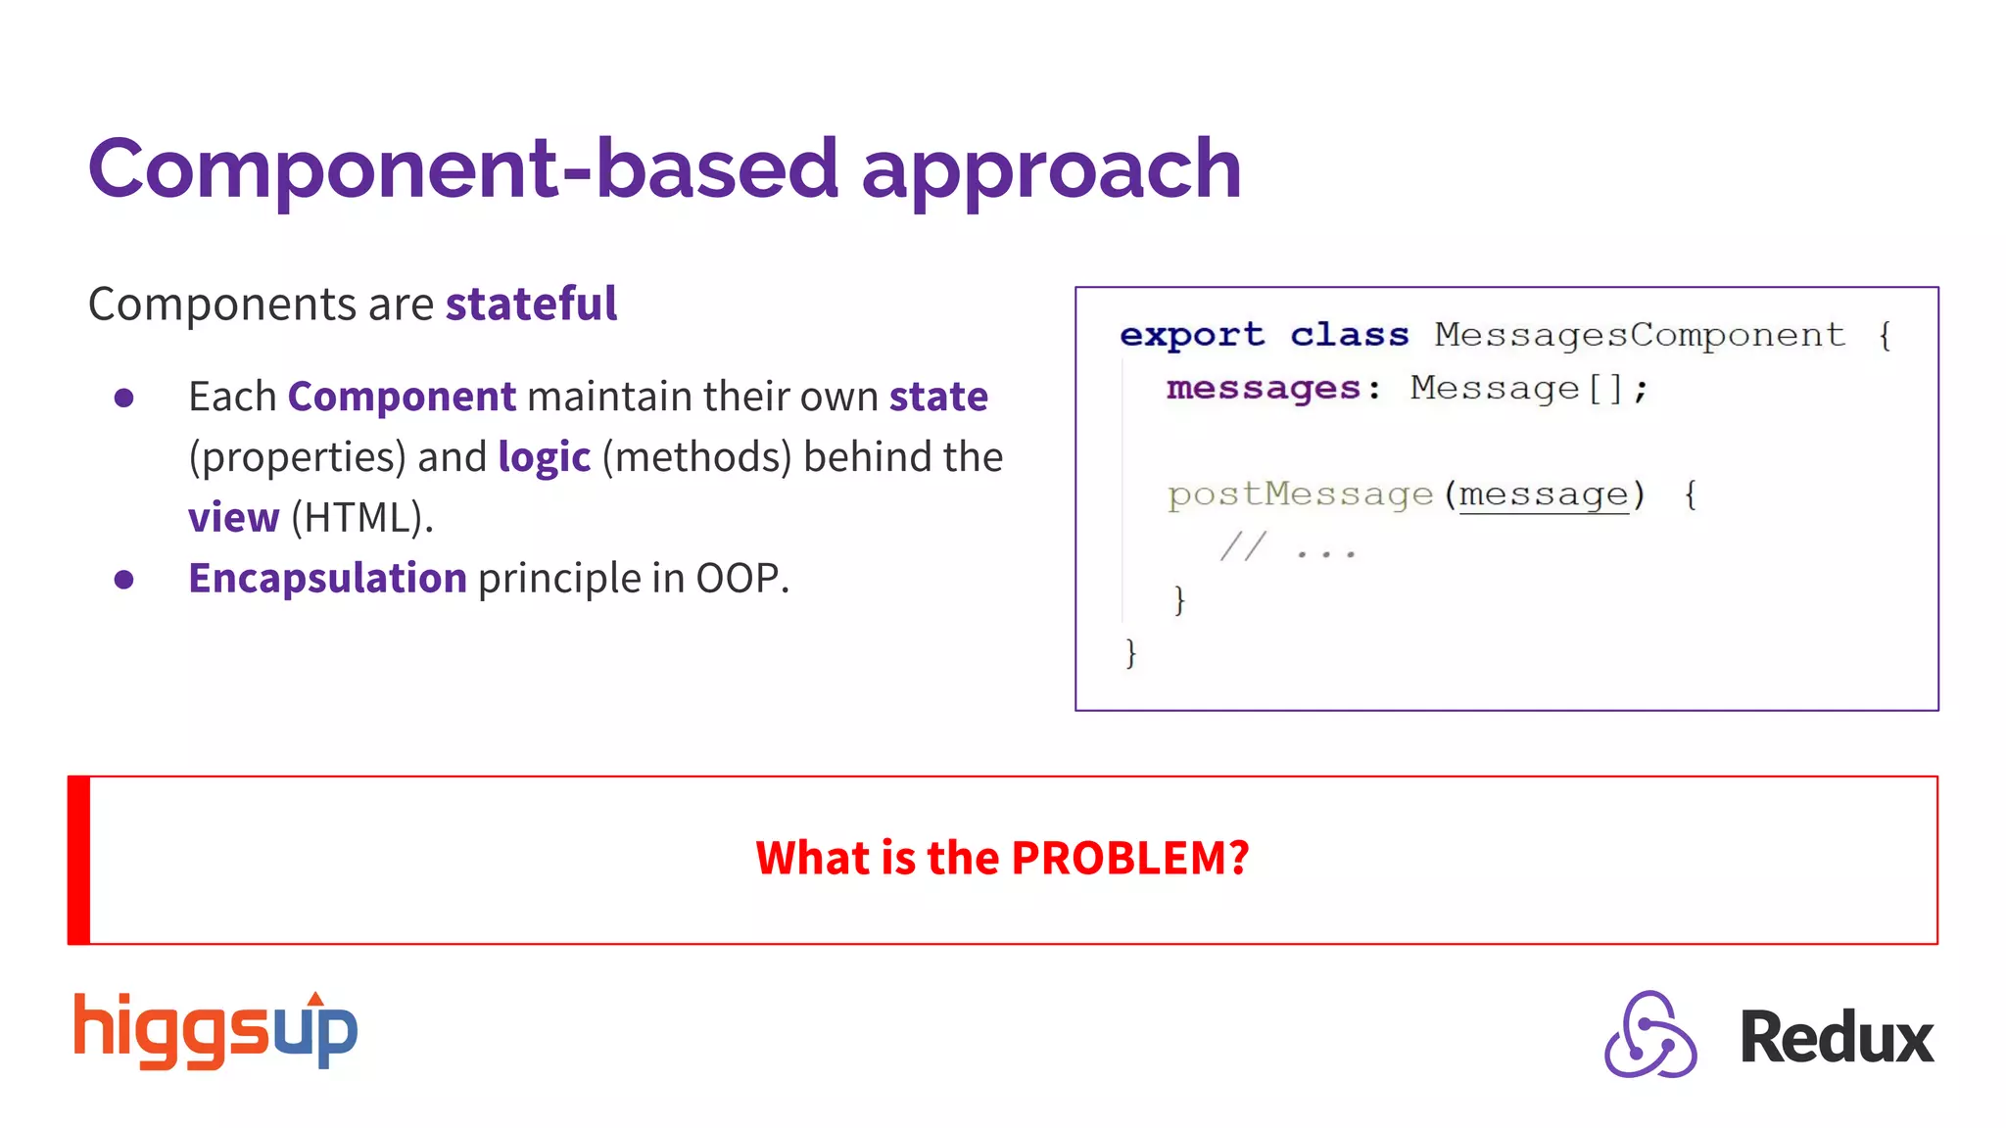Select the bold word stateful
531,304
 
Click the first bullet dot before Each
123,398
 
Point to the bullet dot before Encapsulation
123,580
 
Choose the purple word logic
544,457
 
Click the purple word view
233,517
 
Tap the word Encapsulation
327,578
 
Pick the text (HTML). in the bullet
361,517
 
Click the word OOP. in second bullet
741,578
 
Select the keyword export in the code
1192,335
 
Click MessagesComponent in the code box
1639,335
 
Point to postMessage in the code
1299,494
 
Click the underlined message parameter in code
1544,494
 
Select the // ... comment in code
1287,547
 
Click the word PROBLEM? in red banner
1129,858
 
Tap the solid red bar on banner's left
79,860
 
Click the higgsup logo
215,1030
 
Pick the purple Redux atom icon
1650,1035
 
